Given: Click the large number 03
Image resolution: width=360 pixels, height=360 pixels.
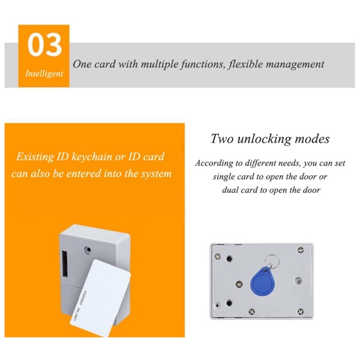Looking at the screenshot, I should [44, 46].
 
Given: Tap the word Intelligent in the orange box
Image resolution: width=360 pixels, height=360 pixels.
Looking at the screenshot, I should [44, 74].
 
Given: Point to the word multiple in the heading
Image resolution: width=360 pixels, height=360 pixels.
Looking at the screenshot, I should [161, 64].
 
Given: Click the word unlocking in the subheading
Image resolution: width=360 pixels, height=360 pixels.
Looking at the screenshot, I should [269, 139].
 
